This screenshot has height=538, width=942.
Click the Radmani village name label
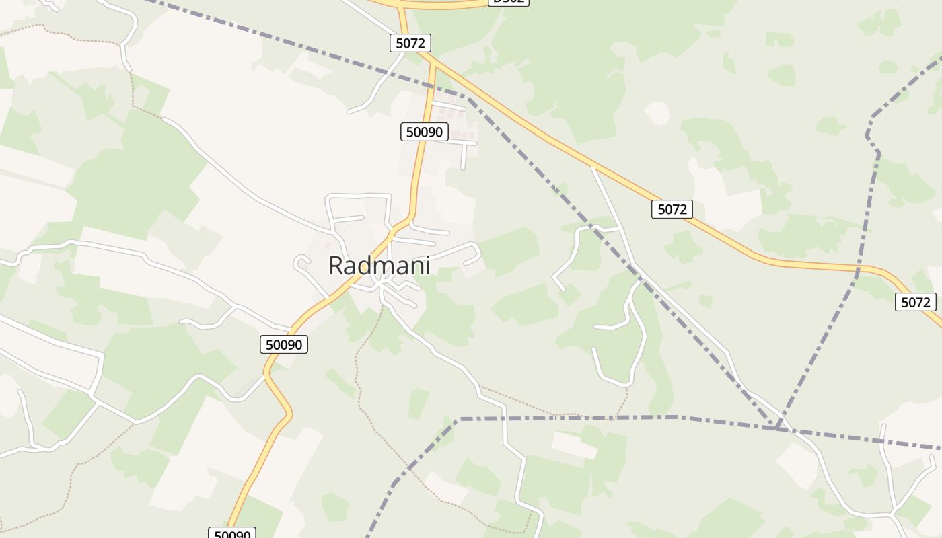click(x=379, y=266)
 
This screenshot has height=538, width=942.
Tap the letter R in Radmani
click(x=336, y=266)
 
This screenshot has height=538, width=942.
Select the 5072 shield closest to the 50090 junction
click(x=410, y=43)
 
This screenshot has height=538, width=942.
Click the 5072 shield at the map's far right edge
click(x=915, y=302)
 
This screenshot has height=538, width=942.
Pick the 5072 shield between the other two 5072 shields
click(x=672, y=209)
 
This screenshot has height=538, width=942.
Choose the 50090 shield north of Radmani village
click(x=425, y=132)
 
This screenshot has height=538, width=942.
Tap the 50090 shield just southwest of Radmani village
click(x=284, y=345)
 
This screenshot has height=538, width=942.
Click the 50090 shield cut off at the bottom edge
click(x=232, y=534)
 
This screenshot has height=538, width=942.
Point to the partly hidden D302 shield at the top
click(x=508, y=2)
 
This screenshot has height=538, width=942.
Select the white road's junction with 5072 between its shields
click(x=593, y=165)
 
